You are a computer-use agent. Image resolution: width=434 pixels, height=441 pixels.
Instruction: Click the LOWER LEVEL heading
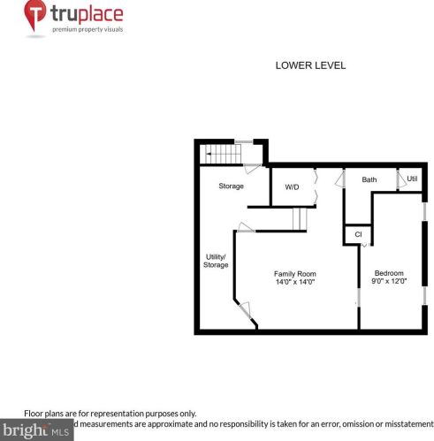click(x=310, y=65)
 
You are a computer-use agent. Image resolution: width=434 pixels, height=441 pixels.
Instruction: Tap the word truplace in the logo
click(x=87, y=14)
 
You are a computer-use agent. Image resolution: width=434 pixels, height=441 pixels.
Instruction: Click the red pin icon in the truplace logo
click(x=35, y=17)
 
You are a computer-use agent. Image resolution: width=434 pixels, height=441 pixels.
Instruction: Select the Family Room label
click(x=294, y=273)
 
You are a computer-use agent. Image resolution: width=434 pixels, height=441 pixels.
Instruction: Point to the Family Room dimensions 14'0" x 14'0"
click(x=294, y=283)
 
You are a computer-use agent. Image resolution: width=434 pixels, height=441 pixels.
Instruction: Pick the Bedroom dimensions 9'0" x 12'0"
click(x=389, y=282)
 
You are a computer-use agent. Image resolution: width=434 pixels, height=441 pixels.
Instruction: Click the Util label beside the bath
click(x=412, y=179)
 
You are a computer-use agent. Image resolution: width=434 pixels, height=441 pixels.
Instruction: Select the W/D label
click(x=292, y=187)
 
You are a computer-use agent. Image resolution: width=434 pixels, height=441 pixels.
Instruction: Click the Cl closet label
click(x=358, y=234)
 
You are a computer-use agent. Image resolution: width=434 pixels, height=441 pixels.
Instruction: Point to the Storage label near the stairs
click(x=232, y=186)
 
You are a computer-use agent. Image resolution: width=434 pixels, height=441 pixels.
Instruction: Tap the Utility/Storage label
click(x=216, y=260)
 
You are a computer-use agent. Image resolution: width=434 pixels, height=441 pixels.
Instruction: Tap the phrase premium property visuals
click(x=88, y=29)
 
